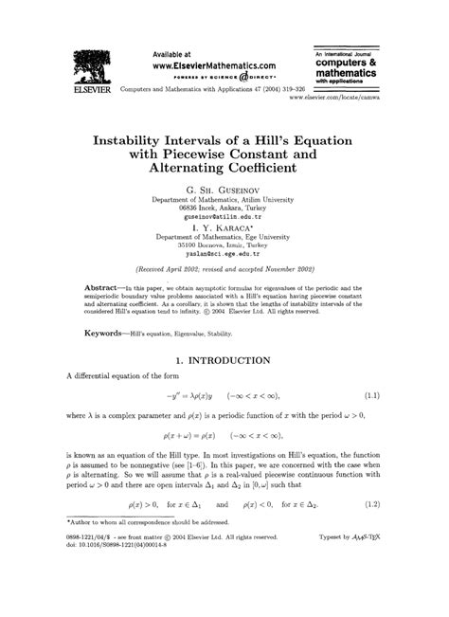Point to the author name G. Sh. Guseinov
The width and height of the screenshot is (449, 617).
pyautogui.click(x=224, y=190)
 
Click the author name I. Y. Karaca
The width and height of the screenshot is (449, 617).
pyautogui.click(x=223, y=228)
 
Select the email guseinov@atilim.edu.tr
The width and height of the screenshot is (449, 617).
pyautogui.click(x=224, y=218)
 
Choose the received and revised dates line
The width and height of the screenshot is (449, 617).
pyautogui.click(x=224, y=269)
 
